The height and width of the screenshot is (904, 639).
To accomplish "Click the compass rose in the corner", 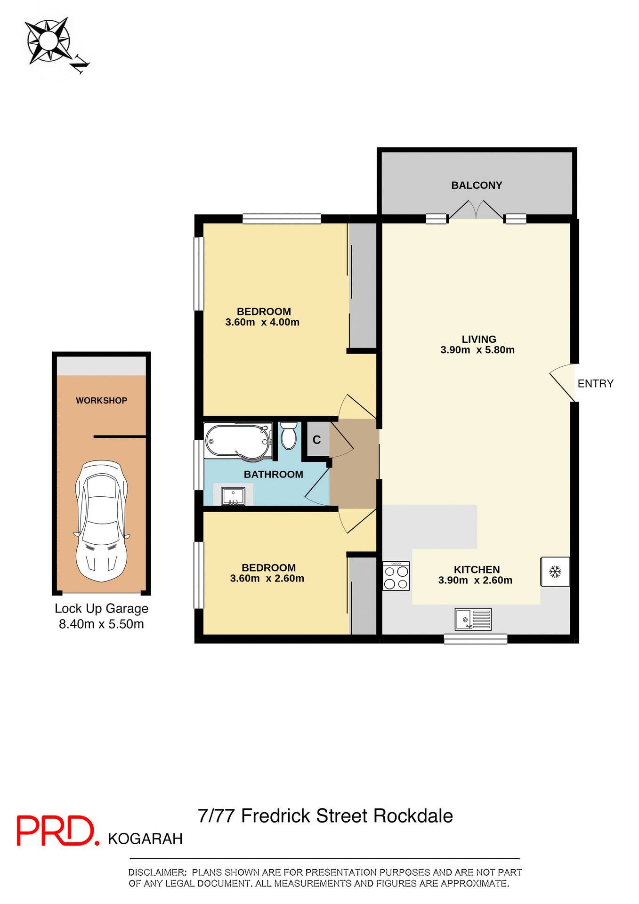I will tap(48, 41).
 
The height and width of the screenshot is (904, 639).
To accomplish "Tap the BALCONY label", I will tap(477, 186).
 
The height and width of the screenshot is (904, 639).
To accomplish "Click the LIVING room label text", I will tap(478, 339).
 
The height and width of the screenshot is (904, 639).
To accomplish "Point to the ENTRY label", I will tap(595, 384).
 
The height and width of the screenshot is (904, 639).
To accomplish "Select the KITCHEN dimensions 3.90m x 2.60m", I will tap(475, 581).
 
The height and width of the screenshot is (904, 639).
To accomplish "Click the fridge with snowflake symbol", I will tap(555, 572).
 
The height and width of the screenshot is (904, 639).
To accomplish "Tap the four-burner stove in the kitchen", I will tap(396, 576).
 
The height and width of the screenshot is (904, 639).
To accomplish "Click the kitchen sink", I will tap(473, 619).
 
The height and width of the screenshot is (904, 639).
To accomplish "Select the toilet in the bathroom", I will tap(289, 436).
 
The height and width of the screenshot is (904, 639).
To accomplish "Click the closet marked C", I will tap(316, 440).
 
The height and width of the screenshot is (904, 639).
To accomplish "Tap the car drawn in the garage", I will tap(101, 521).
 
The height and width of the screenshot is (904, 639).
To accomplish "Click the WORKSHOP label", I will tap(101, 401).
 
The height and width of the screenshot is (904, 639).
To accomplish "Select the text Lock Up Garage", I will tap(101, 609).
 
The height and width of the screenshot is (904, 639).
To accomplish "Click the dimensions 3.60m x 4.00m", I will tap(262, 323).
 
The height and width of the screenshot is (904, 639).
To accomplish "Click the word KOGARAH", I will tap(145, 839).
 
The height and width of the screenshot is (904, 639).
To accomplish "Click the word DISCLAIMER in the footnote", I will tap(157, 872).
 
